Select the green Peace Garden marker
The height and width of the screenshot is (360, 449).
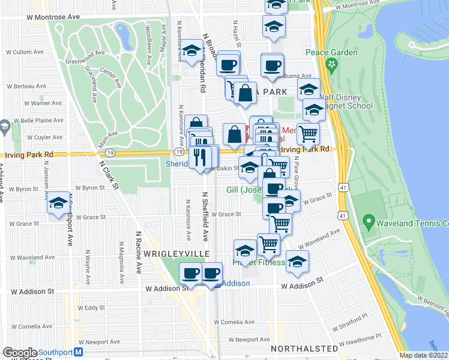click(x=331, y=64)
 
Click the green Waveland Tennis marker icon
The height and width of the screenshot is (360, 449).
click(x=370, y=223)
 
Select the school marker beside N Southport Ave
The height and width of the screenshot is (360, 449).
click(x=58, y=204)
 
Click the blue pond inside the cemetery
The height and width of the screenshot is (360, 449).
click(x=125, y=38)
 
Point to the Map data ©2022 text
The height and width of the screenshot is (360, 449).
click(x=423, y=355)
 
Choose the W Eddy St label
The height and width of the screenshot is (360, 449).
click(x=94, y=308)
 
